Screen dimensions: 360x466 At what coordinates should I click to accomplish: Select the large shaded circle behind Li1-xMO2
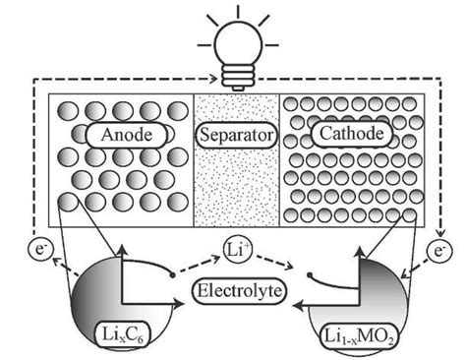(x=379, y=295)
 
